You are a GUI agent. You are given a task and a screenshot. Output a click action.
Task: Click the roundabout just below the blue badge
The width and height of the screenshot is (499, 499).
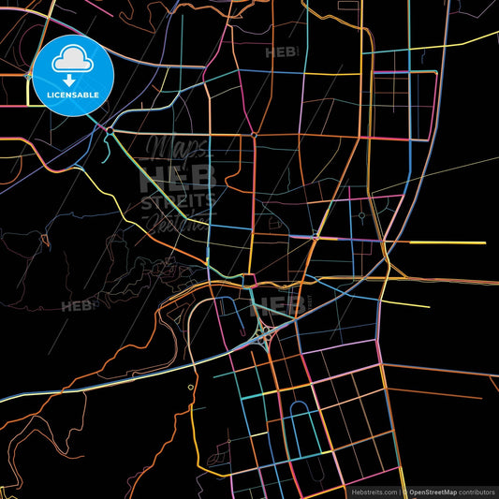pos(110,131)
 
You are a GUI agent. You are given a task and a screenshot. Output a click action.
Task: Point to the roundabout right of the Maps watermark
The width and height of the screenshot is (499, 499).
pos(254,135)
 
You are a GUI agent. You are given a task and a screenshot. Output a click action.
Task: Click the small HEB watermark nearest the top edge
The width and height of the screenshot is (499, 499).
pos(283,52)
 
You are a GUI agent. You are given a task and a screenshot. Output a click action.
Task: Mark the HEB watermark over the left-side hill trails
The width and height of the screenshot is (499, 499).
pos(78,305)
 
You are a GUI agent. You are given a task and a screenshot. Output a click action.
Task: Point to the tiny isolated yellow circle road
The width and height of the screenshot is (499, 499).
pos(190,386)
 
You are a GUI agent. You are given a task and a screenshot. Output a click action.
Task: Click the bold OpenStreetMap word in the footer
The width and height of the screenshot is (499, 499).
pos(436,491)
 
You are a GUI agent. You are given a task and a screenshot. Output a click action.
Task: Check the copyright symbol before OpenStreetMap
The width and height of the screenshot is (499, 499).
pos(404,491)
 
